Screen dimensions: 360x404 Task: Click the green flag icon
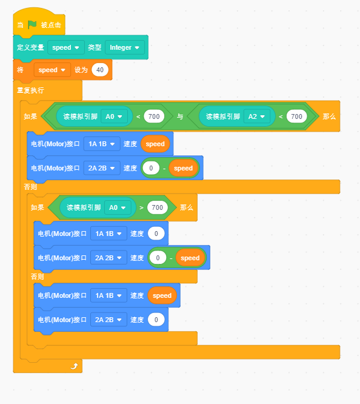click(x=32, y=25)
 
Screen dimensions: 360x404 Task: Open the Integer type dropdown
click(x=125, y=47)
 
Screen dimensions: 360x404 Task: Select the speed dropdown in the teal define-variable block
click(x=66, y=47)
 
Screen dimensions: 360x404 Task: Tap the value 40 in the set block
click(x=100, y=70)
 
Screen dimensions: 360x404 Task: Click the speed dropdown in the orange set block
click(x=52, y=70)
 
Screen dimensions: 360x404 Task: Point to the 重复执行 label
click(x=30, y=90)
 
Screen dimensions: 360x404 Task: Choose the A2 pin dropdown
click(x=257, y=116)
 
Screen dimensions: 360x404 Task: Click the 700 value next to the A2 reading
click(x=296, y=116)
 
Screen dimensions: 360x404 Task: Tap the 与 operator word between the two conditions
click(x=180, y=116)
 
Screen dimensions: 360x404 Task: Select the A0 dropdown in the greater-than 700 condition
click(x=118, y=207)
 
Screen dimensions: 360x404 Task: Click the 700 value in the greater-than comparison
click(x=158, y=207)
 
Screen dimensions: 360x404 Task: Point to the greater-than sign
click(x=141, y=207)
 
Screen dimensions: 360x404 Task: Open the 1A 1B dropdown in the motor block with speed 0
click(x=108, y=234)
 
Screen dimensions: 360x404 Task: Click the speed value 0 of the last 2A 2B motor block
click(x=156, y=320)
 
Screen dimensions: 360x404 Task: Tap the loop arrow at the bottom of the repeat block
click(x=74, y=366)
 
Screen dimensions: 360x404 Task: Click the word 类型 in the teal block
click(x=95, y=47)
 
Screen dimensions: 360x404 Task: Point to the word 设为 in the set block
click(x=81, y=70)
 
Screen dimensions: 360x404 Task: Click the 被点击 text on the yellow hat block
click(x=51, y=25)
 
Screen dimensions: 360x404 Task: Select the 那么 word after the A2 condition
click(x=329, y=116)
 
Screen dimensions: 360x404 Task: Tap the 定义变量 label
click(x=30, y=47)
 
